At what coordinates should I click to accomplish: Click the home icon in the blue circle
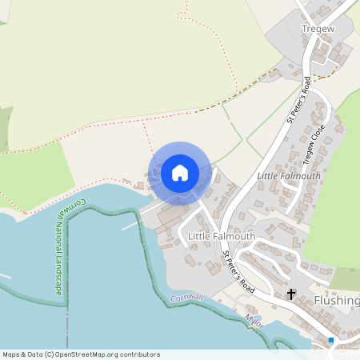pos(180,173)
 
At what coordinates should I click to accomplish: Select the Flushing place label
pos(337,301)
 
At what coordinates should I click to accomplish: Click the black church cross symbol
pos(291,294)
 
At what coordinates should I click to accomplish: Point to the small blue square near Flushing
pos(330,340)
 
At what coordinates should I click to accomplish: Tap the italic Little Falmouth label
pos(288,176)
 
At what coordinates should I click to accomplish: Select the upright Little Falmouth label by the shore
pos(221,237)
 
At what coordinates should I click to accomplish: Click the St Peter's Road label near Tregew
pos(298,99)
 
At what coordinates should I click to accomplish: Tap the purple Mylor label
pos(254,321)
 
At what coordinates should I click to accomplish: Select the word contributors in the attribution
pos(138,354)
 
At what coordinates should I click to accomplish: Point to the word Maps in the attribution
pos(11,354)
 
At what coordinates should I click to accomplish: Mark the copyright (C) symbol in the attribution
pos(49,354)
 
